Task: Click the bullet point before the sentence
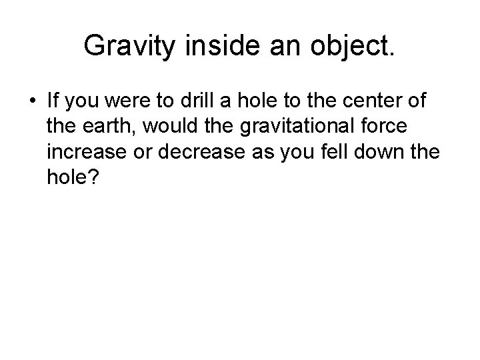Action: click(31, 103)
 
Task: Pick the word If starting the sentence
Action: click(53, 103)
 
